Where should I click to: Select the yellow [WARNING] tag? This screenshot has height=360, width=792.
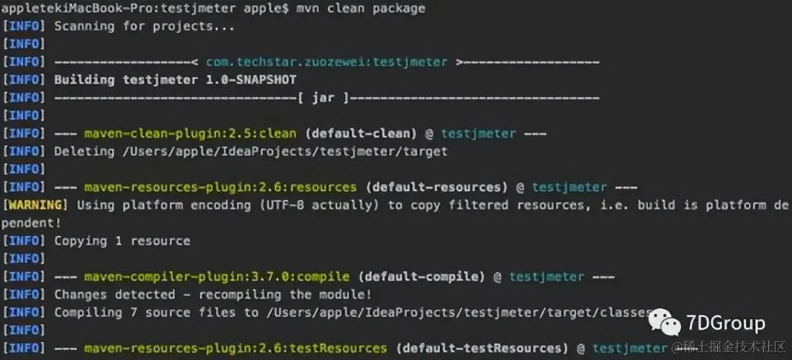[x=35, y=205]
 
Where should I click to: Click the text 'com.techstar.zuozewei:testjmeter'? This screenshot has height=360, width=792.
[x=326, y=62]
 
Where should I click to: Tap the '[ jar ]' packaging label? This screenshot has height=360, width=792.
[x=323, y=98]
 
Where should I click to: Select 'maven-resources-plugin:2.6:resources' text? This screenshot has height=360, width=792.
[x=220, y=187]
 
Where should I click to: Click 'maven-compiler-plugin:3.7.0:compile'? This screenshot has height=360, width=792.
[x=216, y=276]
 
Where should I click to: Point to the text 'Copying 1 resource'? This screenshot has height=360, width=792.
[x=122, y=240]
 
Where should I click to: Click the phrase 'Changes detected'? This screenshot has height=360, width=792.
[x=114, y=294]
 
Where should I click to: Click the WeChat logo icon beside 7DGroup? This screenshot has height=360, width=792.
[x=663, y=323]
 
